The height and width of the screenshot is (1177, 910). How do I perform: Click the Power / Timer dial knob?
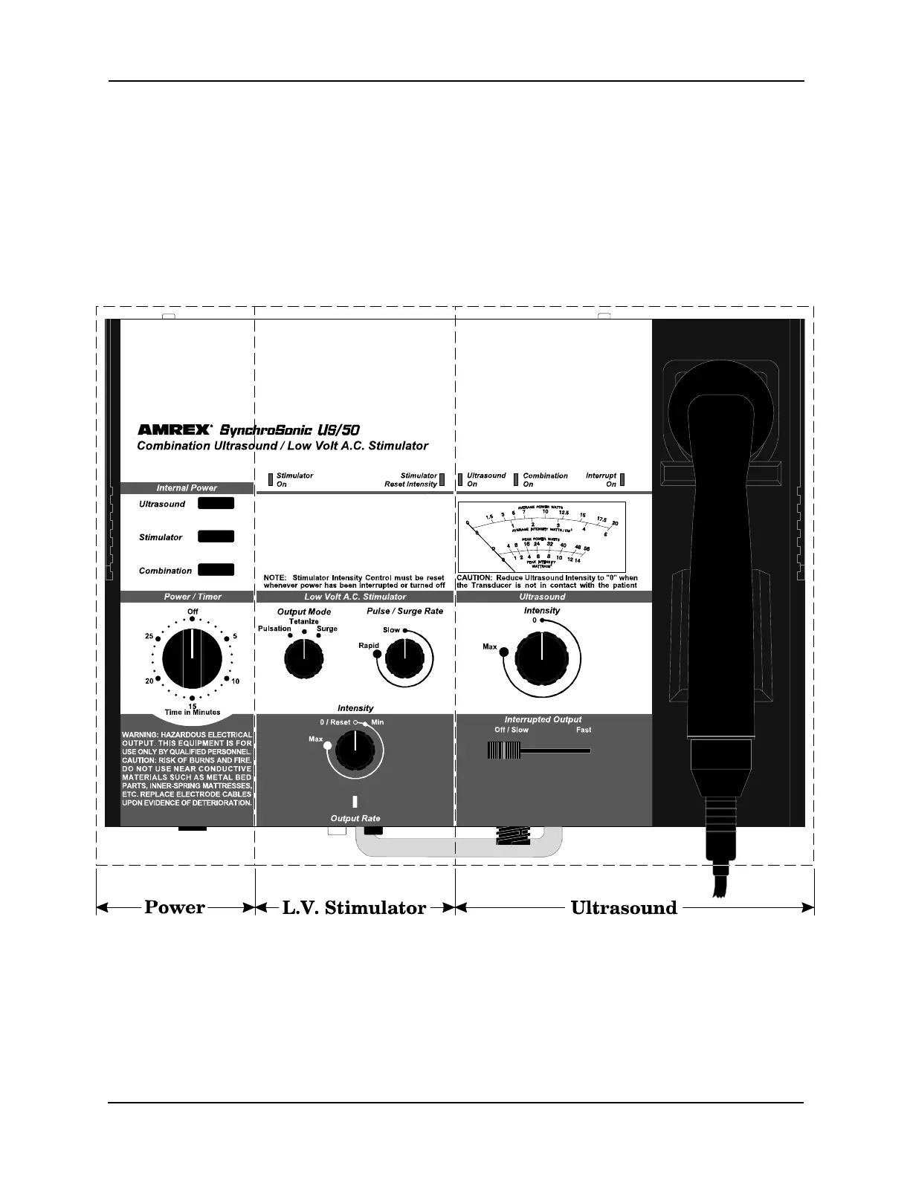click(x=192, y=658)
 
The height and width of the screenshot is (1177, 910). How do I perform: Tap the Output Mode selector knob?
click(x=303, y=657)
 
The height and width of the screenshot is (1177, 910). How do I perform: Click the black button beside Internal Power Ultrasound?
click(x=216, y=503)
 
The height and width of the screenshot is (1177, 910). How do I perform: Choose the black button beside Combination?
click(x=216, y=570)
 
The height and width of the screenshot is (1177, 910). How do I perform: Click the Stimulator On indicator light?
click(x=271, y=479)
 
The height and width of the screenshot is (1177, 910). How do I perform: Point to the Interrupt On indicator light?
click(x=622, y=479)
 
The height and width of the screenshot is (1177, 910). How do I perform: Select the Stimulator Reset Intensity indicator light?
click(x=442, y=479)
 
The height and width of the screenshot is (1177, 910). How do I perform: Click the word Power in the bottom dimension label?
click(x=175, y=907)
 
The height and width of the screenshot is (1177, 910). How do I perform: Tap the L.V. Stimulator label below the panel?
click(x=355, y=907)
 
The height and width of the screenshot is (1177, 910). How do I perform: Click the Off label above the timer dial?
click(x=193, y=612)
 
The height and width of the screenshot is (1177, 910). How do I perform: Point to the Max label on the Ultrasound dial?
click(x=489, y=647)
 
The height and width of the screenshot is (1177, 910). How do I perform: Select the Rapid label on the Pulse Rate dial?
click(x=369, y=646)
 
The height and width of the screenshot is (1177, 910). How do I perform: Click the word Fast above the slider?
click(x=584, y=730)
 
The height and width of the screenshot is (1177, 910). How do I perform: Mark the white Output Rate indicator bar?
click(x=355, y=802)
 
